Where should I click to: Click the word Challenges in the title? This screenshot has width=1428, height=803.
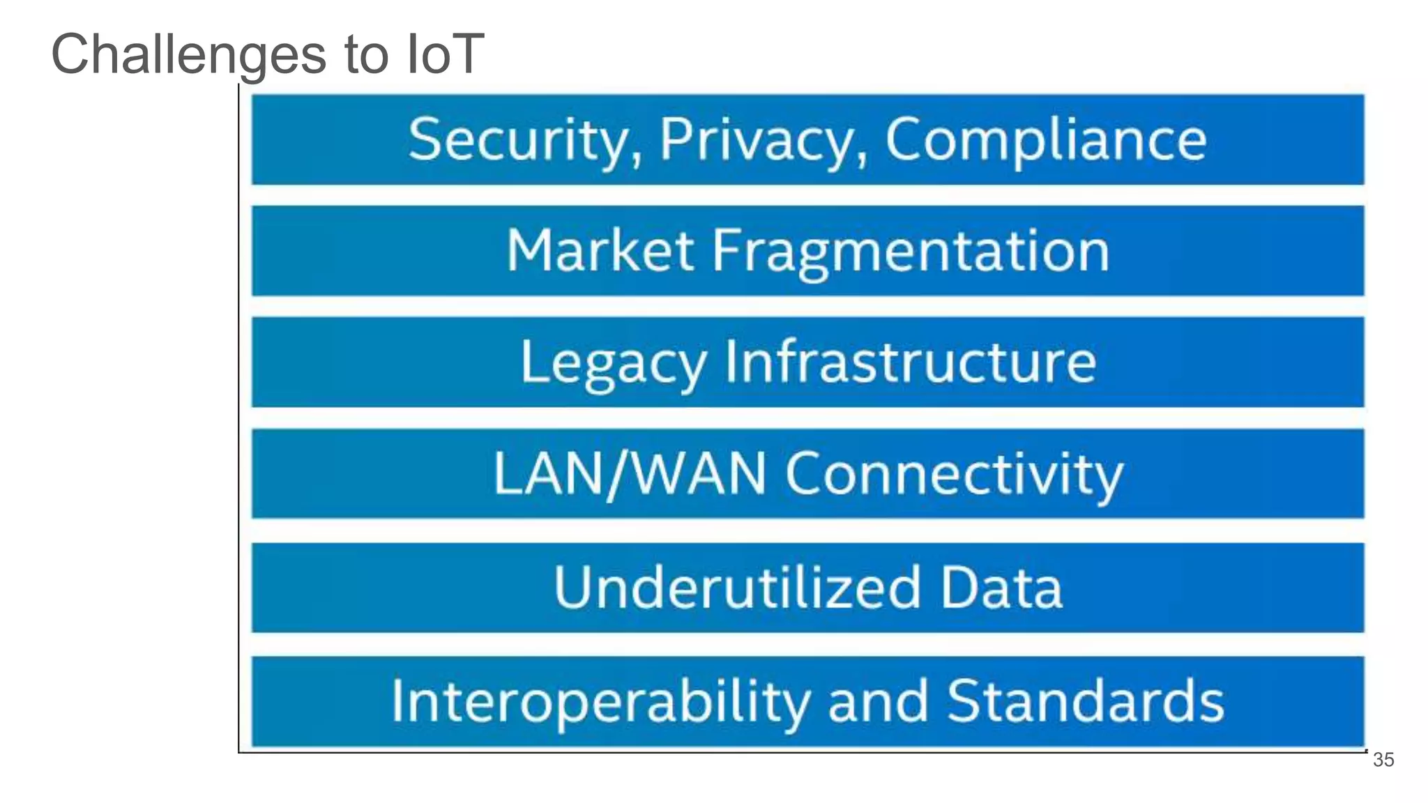pos(189,55)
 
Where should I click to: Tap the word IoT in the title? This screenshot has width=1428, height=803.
pos(446,54)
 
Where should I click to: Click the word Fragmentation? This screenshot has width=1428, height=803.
pos(910,252)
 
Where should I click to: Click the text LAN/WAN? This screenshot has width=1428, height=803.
pos(630,474)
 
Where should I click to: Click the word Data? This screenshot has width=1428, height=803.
pos(1001,588)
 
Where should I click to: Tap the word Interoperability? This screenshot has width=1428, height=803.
pos(600,701)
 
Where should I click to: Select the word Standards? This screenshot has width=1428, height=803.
pos(1085,701)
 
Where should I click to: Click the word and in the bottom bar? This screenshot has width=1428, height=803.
pos(878,701)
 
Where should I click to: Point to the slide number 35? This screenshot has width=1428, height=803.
pos(1383,760)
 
